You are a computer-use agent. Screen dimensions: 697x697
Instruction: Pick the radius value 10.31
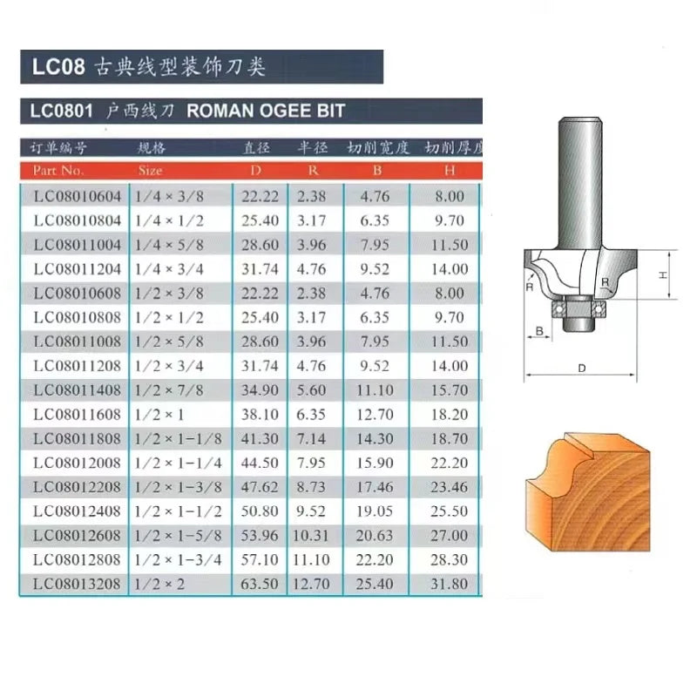(x=312, y=535)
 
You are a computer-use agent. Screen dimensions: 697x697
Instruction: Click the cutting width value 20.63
(x=377, y=535)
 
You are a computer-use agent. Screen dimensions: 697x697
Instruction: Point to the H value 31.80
(x=450, y=584)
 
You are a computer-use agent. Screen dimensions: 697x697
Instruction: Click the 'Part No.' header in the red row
(x=59, y=171)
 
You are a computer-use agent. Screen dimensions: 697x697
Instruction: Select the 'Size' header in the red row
(x=150, y=171)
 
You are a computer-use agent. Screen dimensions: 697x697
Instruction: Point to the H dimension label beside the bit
(x=662, y=274)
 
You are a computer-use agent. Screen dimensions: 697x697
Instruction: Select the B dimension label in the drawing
(x=539, y=331)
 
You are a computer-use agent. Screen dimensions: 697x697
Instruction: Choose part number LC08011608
(x=78, y=414)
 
